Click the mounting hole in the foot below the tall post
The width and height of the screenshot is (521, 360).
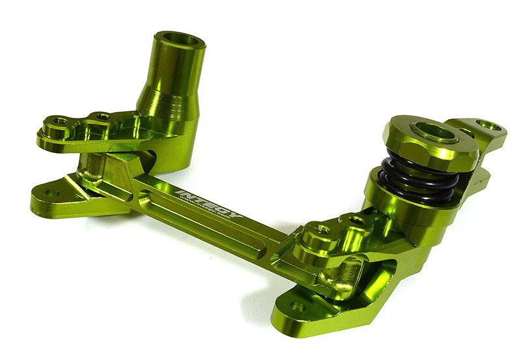coord(51,193)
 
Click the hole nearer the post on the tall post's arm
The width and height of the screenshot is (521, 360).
coord(101,117)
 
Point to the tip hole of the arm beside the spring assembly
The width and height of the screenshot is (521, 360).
coord(320,228)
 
